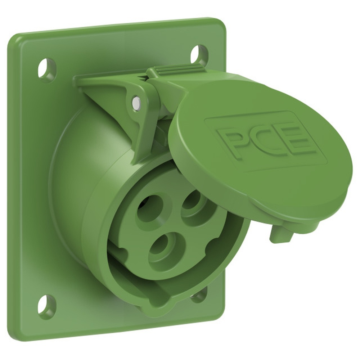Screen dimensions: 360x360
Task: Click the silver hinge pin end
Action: tap(136, 102)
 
